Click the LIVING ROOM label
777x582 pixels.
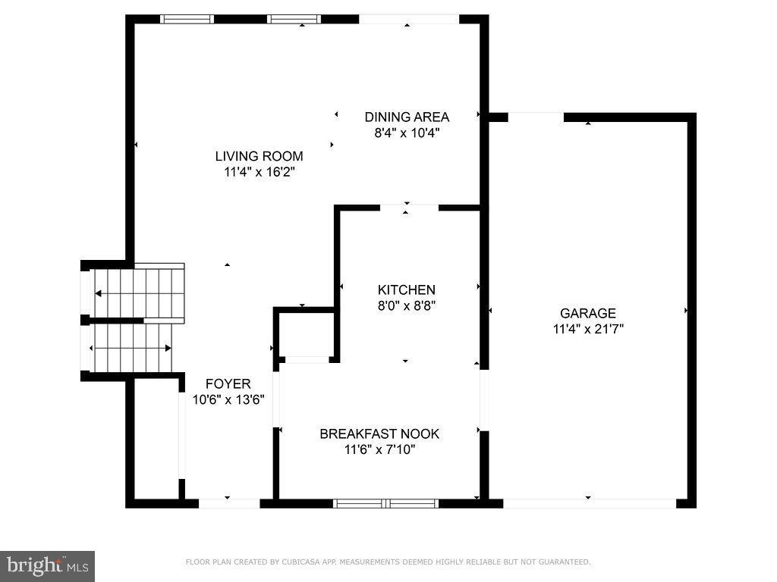pyautogui.click(x=259, y=156)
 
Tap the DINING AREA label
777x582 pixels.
pyautogui.click(x=407, y=117)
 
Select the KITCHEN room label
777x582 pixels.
pyautogui.click(x=407, y=289)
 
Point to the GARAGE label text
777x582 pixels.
pyautogui.click(x=588, y=313)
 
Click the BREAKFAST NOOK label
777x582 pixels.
pyautogui.click(x=379, y=433)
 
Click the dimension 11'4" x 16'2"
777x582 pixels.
pyautogui.click(x=259, y=172)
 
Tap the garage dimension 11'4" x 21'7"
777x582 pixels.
pyautogui.click(x=588, y=329)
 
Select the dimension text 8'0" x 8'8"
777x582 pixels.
pyautogui.click(x=407, y=305)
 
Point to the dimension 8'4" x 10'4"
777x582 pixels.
pyautogui.click(x=407, y=133)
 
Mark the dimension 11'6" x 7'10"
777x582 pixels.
pyautogui.click(x=379, y=449)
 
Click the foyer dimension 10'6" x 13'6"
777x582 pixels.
pyautogui.click(x=228, y=400)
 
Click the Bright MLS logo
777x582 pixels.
pyautogui.click(x=47, y=565)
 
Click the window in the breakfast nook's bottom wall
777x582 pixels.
pyautogui.click(x=387, y=502)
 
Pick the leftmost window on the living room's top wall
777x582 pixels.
pyautogui.click(x=187, y=20)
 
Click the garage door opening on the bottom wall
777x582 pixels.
pyautogui.click(x=589, y=502)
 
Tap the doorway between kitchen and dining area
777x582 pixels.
pyautogui.click(x=409, y=207)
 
